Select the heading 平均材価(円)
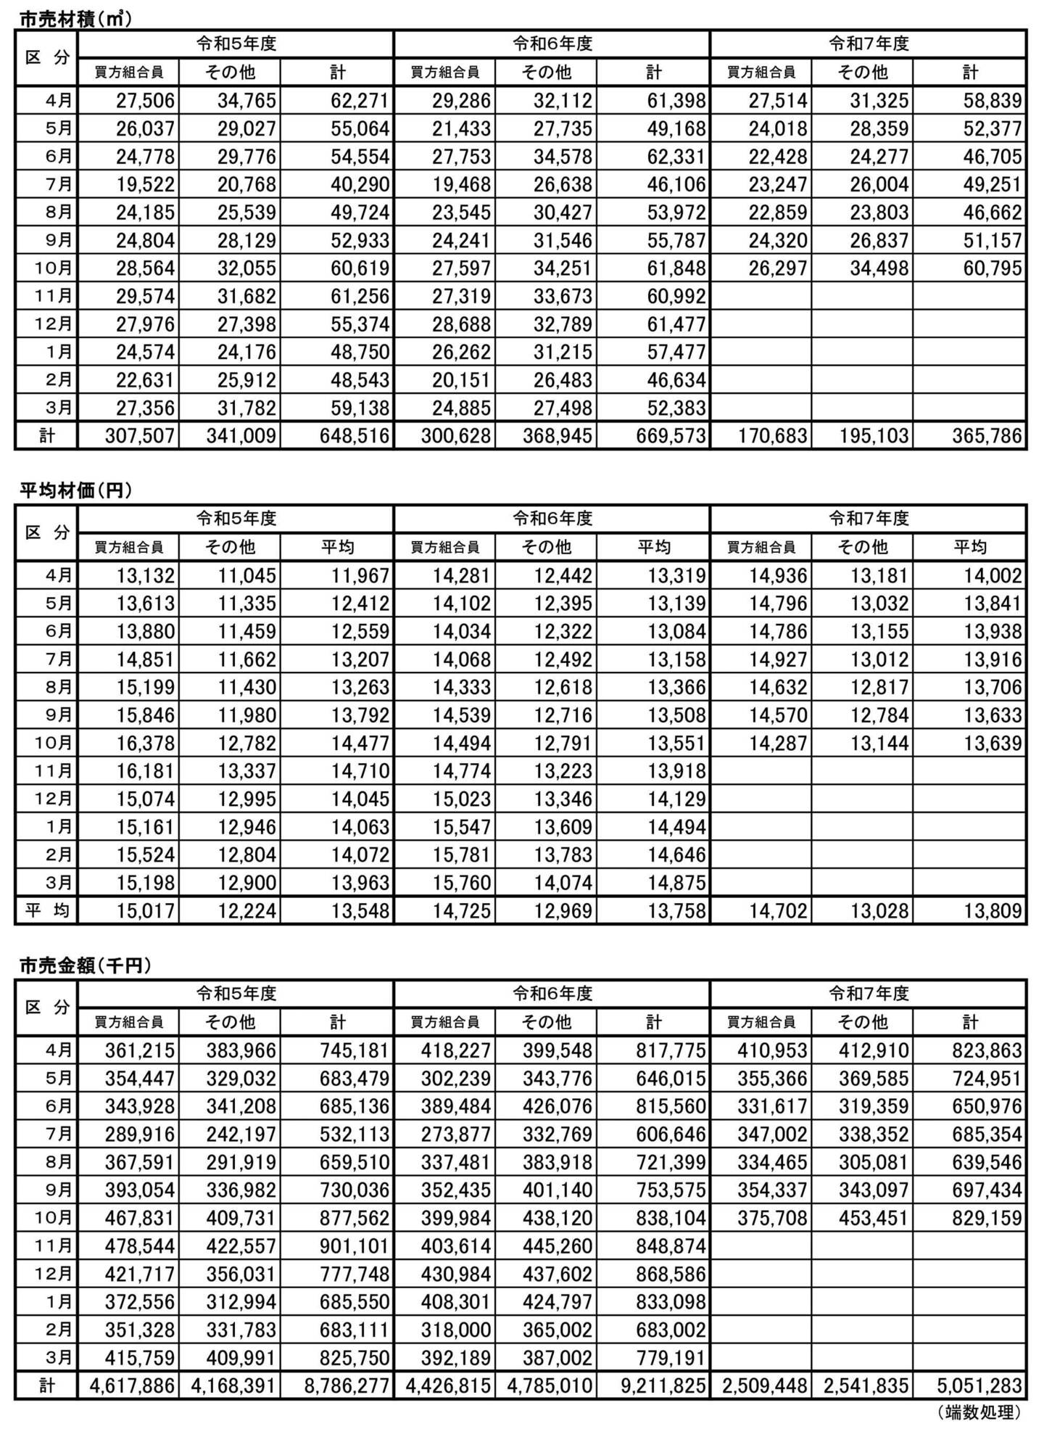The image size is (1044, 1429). pyautogui.click(x=75, y=491)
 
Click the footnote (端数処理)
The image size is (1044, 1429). pyautogui.click(x=979, y=1411)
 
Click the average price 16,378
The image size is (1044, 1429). pyautogui.click(x=146, y=744)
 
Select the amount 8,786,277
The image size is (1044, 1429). pyautogui.click(x=347, y=1385)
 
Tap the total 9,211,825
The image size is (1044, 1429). pyautogui.click(x=663, y=1385)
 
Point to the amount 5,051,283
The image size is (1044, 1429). pyautogui.click(x=979, y=1385)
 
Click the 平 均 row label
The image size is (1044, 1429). pyautogui.click(x=46, y=910)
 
